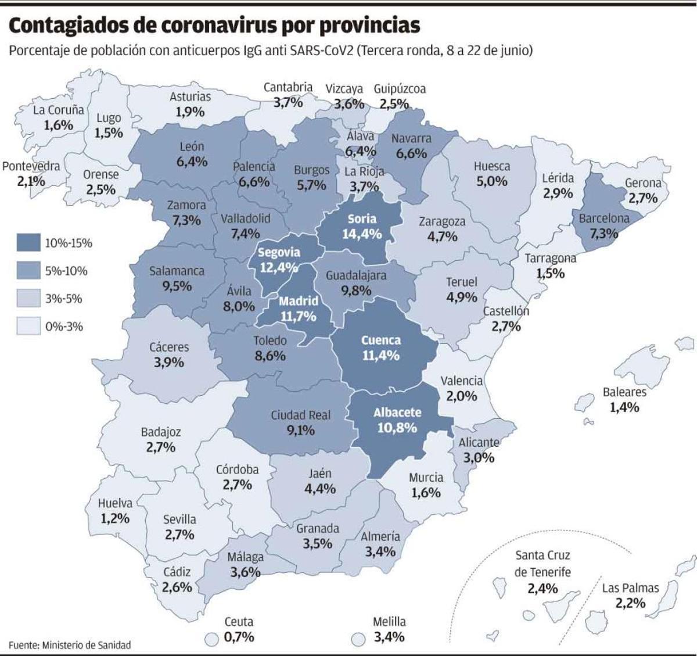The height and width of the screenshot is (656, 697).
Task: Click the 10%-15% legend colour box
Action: pyautogui.click(x=28, y=243)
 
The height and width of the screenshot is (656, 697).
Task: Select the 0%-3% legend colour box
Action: pyautogui.click(x=28, y=327)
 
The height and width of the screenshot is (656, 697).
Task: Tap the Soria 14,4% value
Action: pyautogui.click(x=362, y=234)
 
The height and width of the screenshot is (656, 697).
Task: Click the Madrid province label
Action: pyautogui.click(x=298, y=301)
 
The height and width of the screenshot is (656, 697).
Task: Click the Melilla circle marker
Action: pyautogui.click(x=359, y=639)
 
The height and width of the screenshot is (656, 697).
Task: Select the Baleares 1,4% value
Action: pyautogui.click(x=624, y=407)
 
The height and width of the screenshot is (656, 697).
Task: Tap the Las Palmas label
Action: pyautogui.click(x=630, y=587)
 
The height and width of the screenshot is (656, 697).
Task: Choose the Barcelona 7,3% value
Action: pyautogui.click(x=604, y=234)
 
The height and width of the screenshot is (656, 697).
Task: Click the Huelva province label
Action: pyautogui.click(x=115, y=503)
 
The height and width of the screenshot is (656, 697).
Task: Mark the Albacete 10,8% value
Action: pyautogui.click(x=397, y=428)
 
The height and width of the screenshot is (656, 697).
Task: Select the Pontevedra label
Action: pyautogui.click(x=31, y=166)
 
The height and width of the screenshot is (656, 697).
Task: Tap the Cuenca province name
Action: pyautogui.click(x=380, y=340)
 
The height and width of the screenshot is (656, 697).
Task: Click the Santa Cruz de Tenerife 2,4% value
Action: pyautogui.click(x=542, y=588)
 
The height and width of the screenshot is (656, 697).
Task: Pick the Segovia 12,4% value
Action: pyautogui.click(x=279, y=268)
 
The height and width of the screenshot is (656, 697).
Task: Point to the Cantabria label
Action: pyautogui.click(x=288, y=87)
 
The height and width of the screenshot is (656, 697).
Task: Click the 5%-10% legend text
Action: pyautogui.click(x=66, y=271)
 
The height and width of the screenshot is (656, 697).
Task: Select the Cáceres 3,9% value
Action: pyautogui.click(x=169, y=363)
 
